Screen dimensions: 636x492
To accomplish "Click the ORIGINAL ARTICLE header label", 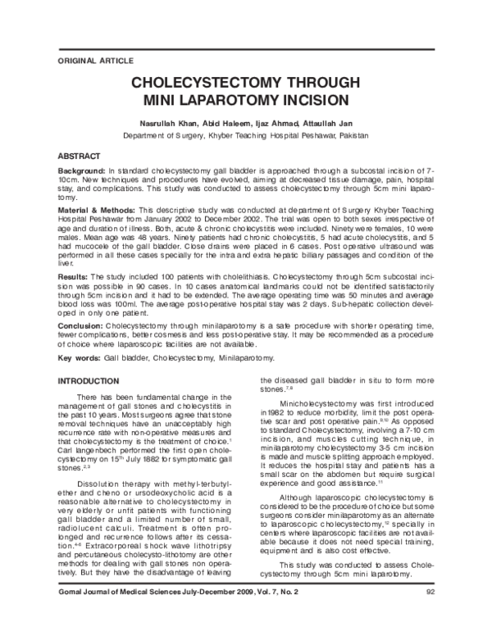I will tap(91, 61).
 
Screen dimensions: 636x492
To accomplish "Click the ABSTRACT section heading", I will tap(79, 156).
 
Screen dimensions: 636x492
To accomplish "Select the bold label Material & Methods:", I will tap(96, 211).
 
